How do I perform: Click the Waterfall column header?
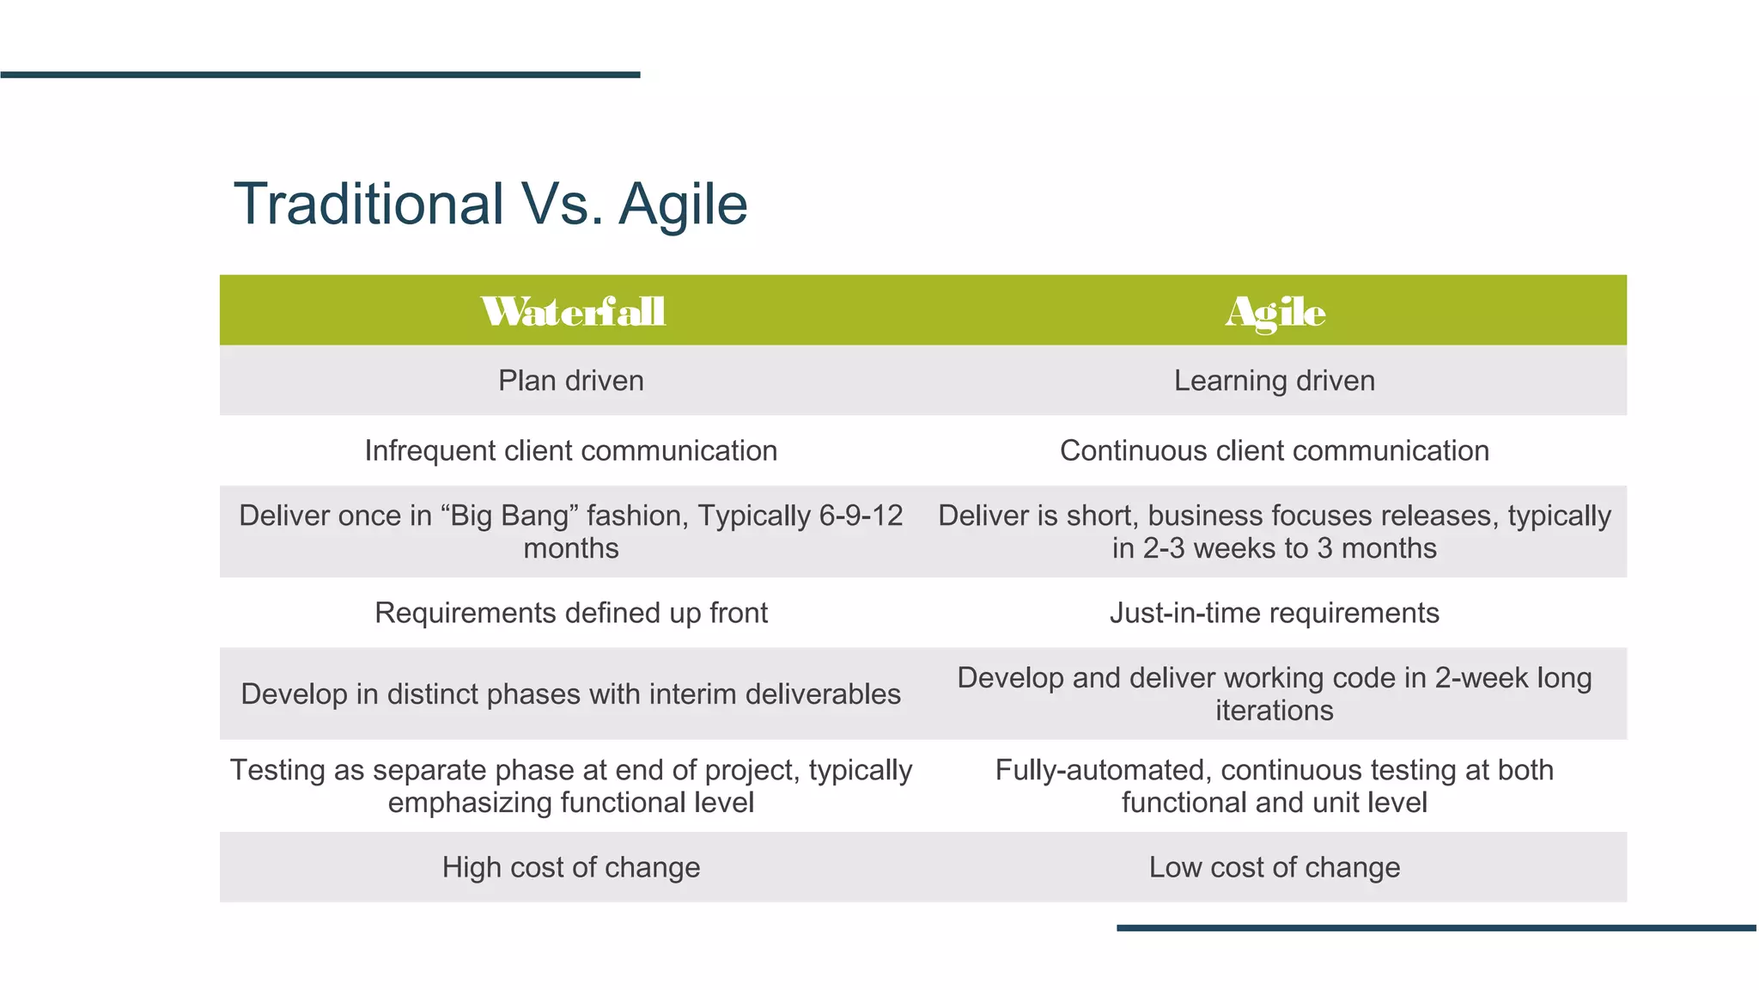pos(572,311)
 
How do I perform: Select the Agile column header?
pos(1275,311)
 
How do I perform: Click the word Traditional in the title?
pos(368,205)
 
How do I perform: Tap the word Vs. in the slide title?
pos(562,205)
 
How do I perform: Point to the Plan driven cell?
pos(571,381)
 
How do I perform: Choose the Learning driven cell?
pos(1275,381)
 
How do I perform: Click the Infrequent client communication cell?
pos(571,450)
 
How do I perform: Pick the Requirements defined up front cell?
pos(571,613)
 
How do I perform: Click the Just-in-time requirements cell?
pos(1275,613)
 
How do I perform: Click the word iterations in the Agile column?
pos(1275,711)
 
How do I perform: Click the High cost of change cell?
pos(571,867)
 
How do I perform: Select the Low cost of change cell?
pos(1275,867)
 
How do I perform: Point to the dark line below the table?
pos(1436,928)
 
